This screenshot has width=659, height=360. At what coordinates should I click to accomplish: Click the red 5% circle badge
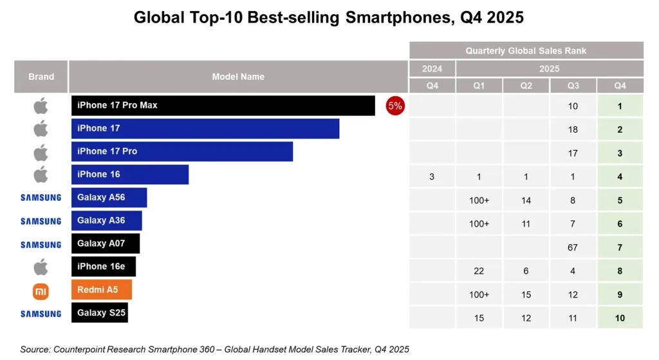pos(394,106)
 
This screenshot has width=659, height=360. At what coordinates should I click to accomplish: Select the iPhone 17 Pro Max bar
pos(223,106)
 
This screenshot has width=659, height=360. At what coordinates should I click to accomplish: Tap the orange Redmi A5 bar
pos(101,290)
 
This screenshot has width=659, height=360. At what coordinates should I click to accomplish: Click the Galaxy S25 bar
pos(99,313)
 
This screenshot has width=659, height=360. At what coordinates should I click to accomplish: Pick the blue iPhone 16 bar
pos(129,175)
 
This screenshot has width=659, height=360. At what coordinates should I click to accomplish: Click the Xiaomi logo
pos(41,292)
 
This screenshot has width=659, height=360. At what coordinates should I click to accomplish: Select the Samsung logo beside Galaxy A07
pos(41,245)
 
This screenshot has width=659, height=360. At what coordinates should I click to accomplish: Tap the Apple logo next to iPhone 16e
pos(41,267)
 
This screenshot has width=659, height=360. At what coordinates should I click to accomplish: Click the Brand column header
pos(41,77)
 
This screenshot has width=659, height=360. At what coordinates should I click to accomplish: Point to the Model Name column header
pos(238,77)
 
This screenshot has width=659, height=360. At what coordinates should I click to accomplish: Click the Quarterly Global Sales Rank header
pos(526,50)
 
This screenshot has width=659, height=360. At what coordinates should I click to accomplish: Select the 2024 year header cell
pos(432,68)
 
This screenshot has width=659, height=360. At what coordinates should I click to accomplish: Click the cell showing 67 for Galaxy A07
pos(573,248)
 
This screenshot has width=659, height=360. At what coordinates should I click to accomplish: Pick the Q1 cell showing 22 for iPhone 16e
pos(479,271)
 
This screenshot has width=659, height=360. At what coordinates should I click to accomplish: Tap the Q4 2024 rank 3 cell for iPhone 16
pos(432,176)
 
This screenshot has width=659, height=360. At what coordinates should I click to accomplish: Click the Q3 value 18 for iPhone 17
pos(573,129)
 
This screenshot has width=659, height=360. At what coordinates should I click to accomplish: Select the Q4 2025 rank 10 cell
pos(620,318)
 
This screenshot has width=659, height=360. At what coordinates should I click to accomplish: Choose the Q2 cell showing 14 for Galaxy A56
pos(526,200)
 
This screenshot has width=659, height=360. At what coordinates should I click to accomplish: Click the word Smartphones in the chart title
pos(392,17)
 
